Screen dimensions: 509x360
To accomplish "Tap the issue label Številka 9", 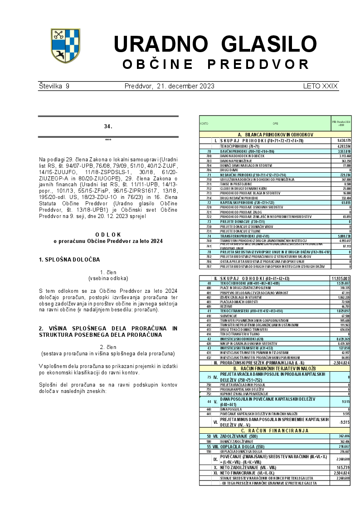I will coord(54,86).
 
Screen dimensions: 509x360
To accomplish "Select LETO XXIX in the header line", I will coord(321,86).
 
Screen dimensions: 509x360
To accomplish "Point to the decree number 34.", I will coord(108,126).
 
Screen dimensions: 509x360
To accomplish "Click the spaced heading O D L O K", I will coord(108,234).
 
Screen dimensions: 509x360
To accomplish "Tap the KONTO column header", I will coord(204,123).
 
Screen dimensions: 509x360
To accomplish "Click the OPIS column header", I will coord(275,123).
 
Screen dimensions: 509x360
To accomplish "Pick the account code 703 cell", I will coord(209,160).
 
